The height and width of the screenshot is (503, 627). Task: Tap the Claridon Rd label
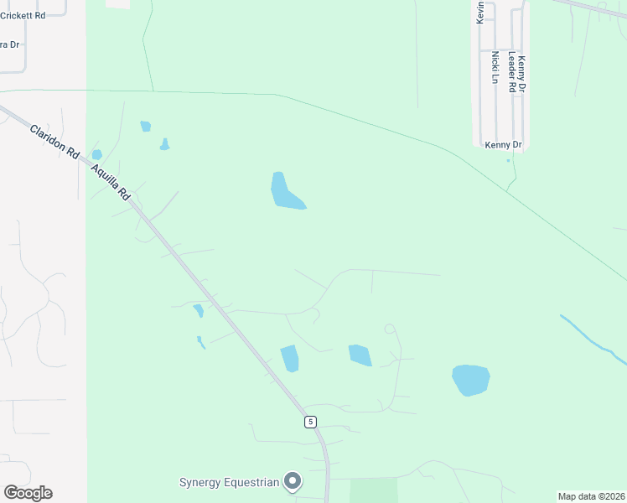click(x=54, y=143)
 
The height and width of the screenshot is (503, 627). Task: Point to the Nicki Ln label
click(x=495, y=67)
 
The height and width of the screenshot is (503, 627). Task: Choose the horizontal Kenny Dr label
click(x=503, y=145)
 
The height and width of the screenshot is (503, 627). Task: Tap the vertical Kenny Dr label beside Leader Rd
click(x=521, y=74)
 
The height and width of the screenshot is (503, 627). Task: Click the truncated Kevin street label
click(x=481, y=12)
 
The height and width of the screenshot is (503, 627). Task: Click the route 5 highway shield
click(x=310, y=422)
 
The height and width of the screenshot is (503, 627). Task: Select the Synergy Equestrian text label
click(x=229, y=482)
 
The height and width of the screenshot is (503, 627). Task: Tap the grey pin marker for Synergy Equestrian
click(x=293, y=481)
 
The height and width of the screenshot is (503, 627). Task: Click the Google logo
click(x=28, y=493)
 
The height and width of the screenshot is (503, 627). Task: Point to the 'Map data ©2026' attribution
click(x=590, y=496)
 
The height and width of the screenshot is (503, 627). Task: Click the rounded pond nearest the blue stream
click(x=470, y=380)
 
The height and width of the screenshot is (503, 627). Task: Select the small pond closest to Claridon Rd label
click(x=96, y=154)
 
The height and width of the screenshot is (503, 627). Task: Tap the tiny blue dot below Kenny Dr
click(x=508, y=161)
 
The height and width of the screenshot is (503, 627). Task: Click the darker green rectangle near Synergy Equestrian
click(x=373, y=490)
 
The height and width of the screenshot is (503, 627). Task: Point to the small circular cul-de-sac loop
click(x=389, y=329)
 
